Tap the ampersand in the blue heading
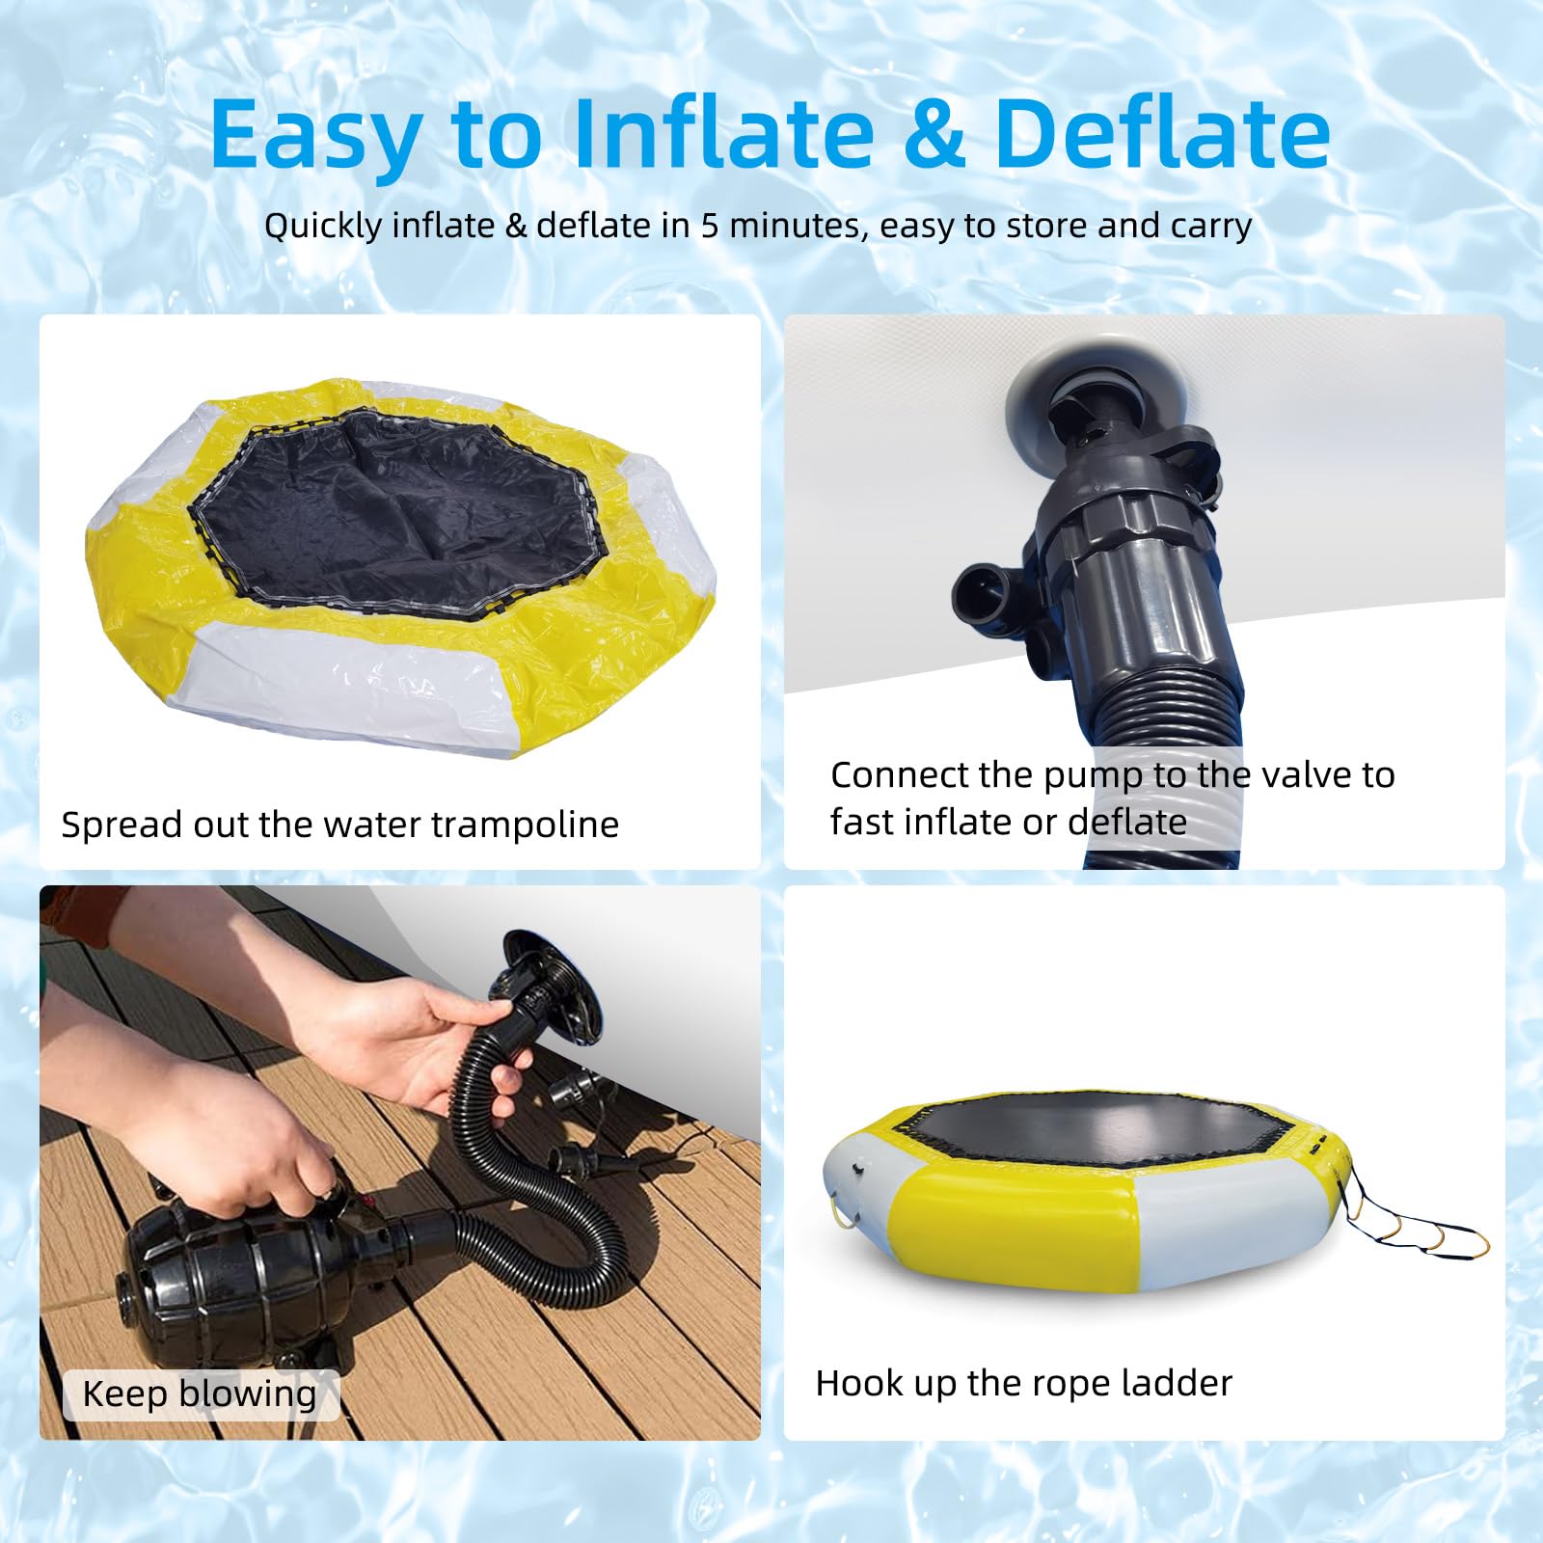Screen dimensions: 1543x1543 pos(934,133)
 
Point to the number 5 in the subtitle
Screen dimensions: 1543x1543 pos(710,225)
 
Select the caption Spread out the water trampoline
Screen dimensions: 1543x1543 pos(339,825)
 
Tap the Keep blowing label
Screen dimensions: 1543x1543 pos(200,1394)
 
